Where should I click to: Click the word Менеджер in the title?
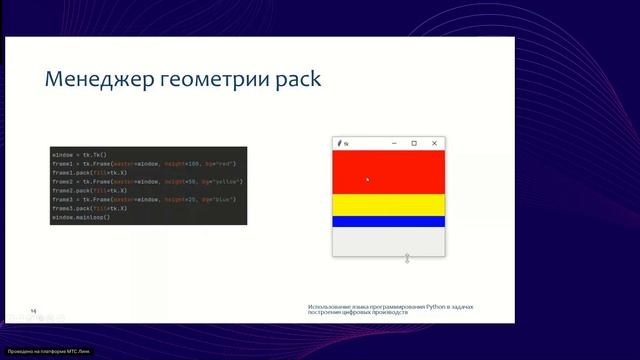95,80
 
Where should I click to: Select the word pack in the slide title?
295,80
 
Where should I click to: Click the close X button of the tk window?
434,143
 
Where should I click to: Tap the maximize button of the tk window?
414,143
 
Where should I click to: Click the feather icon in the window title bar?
339,143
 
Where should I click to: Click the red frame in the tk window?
390,170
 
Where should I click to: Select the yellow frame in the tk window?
390,204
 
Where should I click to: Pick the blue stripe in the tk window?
390,221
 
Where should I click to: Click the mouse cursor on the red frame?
367,180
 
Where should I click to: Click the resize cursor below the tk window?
407,259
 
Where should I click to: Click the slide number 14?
33,311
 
